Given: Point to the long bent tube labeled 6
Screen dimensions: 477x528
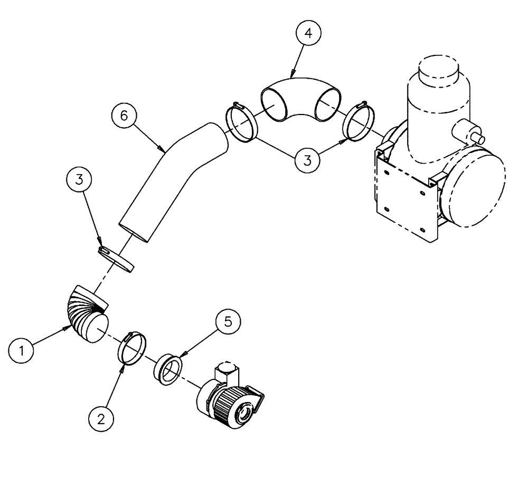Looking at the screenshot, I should (x=169, y=179).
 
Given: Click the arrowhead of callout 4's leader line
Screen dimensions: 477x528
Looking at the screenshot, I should (x=291, y=78).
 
